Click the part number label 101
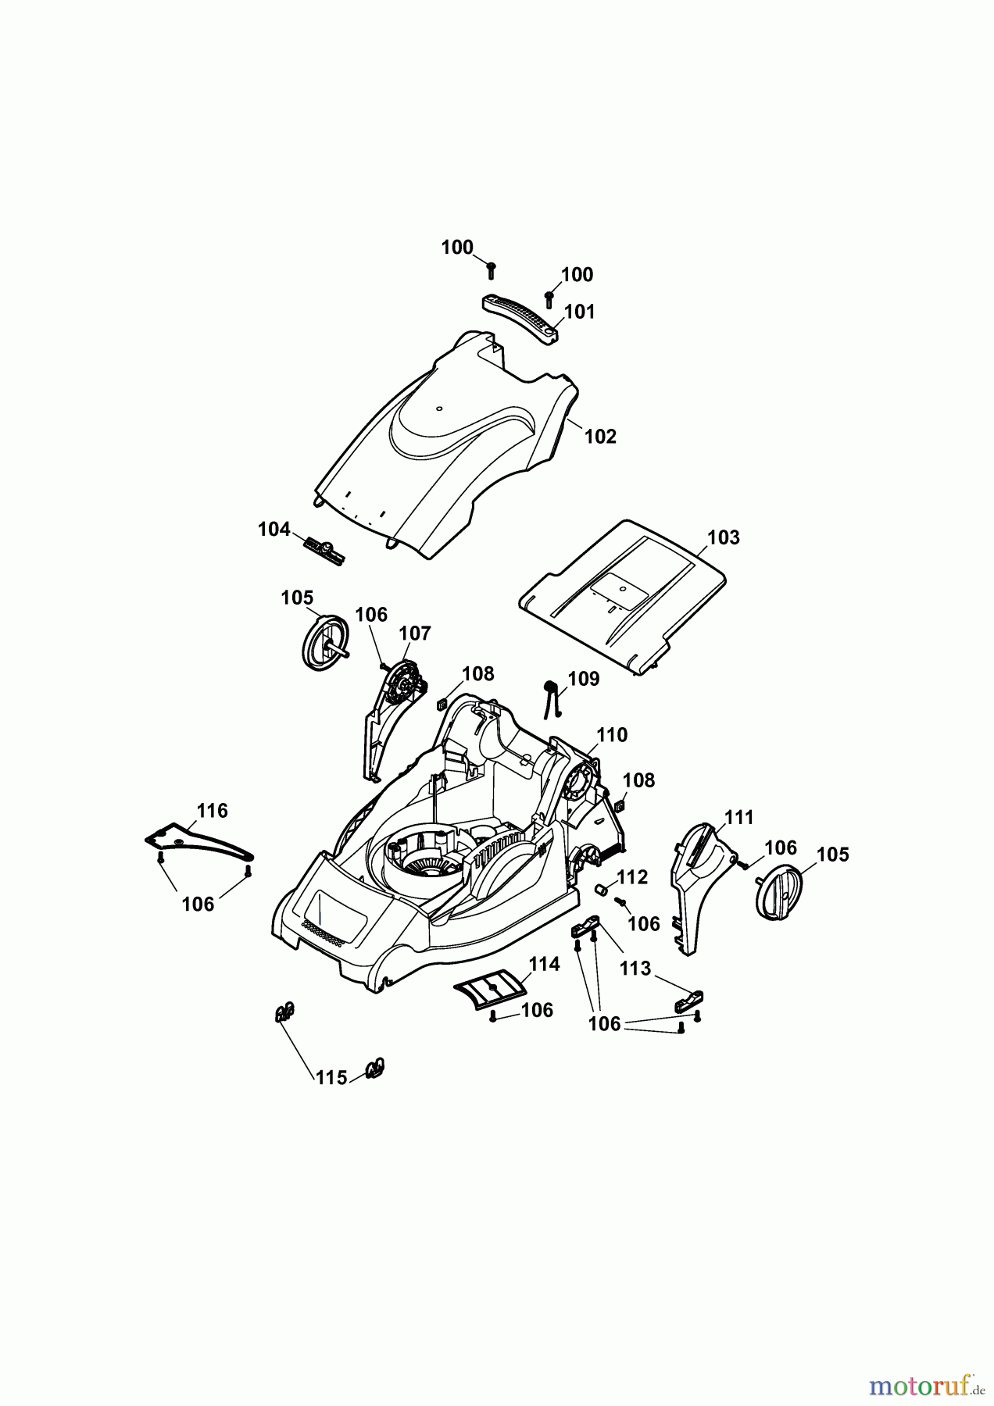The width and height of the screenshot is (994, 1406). point(579,312)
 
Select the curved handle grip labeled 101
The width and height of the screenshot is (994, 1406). point(520,315)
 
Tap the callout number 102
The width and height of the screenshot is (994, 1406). point(600,437)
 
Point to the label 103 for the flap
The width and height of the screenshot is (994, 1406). point(723,537)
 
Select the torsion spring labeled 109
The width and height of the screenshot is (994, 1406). point(551,697)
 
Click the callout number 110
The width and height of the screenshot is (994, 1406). point(612,735)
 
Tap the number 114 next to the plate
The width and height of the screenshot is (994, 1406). point(544,965)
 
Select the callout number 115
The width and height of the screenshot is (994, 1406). point(331,1078)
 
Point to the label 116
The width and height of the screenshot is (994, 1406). point(212,811)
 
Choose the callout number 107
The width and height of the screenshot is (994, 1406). point(415,633)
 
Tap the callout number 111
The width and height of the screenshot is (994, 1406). point(738,818)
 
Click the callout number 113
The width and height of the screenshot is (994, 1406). point(635,969)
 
